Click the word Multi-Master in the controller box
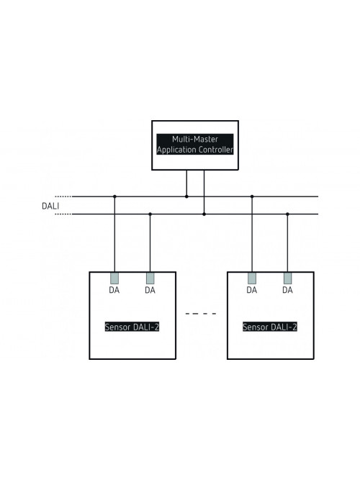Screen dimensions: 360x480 click(195, 140)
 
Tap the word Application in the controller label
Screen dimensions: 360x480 click(177, 150)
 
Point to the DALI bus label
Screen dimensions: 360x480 click(50, 206)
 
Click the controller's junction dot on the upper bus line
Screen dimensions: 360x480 click(186, 196)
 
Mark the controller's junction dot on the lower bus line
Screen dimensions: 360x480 click(204, 214)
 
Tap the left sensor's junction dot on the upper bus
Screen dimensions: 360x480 click(114, 196)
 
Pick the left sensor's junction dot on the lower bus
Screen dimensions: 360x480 click(150, 214)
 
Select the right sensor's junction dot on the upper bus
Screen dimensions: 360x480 click(252, 196)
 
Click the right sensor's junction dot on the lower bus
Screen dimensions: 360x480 click(287, 214)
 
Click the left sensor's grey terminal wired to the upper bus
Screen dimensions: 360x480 click(114, 279)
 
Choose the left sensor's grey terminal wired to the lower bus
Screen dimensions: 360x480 click(150, 279)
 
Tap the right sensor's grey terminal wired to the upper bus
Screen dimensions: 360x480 click(252, 279)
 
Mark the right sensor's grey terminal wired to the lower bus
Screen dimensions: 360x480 click(288, 279)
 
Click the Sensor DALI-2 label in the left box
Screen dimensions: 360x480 click(132, 327)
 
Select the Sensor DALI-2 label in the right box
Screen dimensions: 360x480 click(270, 327)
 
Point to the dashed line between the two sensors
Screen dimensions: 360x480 click(201, 314)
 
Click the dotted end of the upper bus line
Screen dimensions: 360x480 click(63, 196)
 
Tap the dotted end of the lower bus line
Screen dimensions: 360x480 click(63, 214)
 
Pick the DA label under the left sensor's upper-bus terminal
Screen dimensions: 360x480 click(114, 290)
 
